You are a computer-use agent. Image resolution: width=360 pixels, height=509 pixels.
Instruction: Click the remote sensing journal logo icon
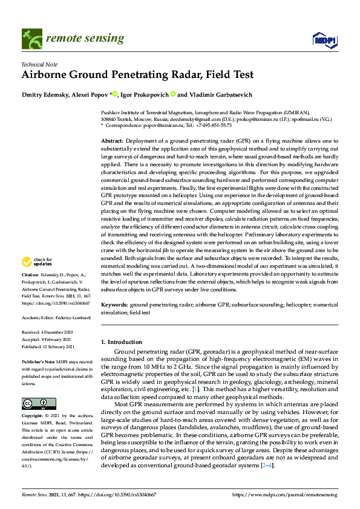tap(31, 39)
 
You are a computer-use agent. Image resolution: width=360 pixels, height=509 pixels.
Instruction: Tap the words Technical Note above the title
tap(41, 63)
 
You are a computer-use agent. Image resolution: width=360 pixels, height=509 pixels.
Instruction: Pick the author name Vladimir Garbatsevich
tap(217, 94)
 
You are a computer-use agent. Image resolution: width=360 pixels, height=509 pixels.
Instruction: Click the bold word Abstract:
tap(112, 140)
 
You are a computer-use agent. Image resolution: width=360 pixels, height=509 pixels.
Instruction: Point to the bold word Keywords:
tap(114, 305)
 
